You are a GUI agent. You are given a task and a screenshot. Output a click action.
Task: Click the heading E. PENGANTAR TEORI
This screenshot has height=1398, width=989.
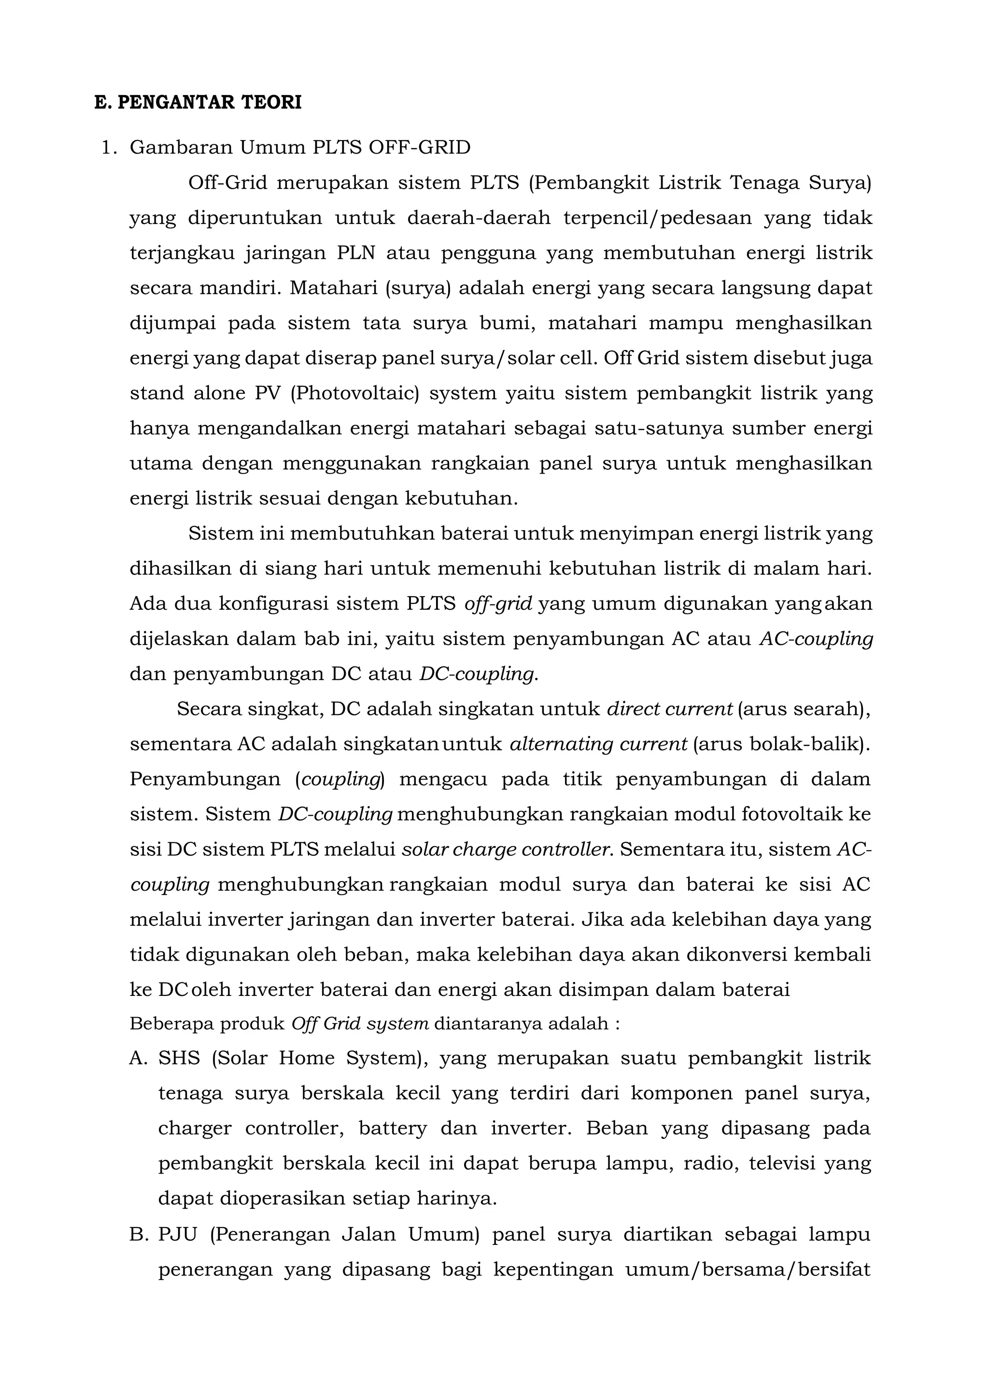(x=198, y=102)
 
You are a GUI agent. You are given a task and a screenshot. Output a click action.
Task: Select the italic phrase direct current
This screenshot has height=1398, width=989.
(x=669, y=709)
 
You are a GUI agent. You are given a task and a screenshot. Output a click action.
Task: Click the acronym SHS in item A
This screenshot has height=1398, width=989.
(x=179, y=1058)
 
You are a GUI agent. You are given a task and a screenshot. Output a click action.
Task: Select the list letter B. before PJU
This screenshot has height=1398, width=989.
(x=140, y=1234)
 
